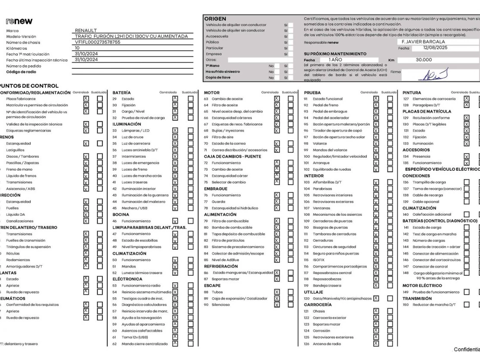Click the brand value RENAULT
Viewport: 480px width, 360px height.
[x=86, y=31]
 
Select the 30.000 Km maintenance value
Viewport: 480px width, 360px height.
[x=424, y=61]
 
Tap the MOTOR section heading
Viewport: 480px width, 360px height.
[x=212, y=92]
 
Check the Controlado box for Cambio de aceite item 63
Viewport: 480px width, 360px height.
[x=277, y=99]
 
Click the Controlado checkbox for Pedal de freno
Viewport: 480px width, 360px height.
[x=376, y=105]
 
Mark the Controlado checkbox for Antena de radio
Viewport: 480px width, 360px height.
[x=376, y=344]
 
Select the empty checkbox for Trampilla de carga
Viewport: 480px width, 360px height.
[x=467, y=183]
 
